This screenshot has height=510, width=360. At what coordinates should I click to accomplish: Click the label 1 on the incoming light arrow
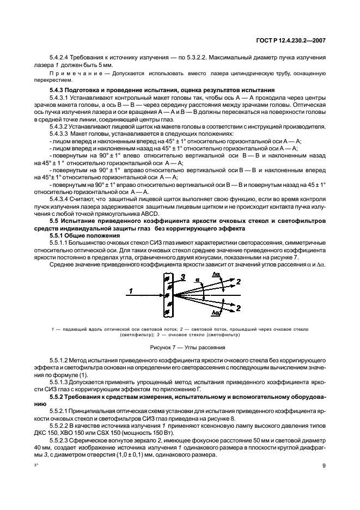click(130, 292)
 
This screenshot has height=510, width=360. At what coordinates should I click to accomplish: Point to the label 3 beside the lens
click(184, 277)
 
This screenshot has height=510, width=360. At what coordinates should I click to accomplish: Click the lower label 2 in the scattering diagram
click(238, 308)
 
